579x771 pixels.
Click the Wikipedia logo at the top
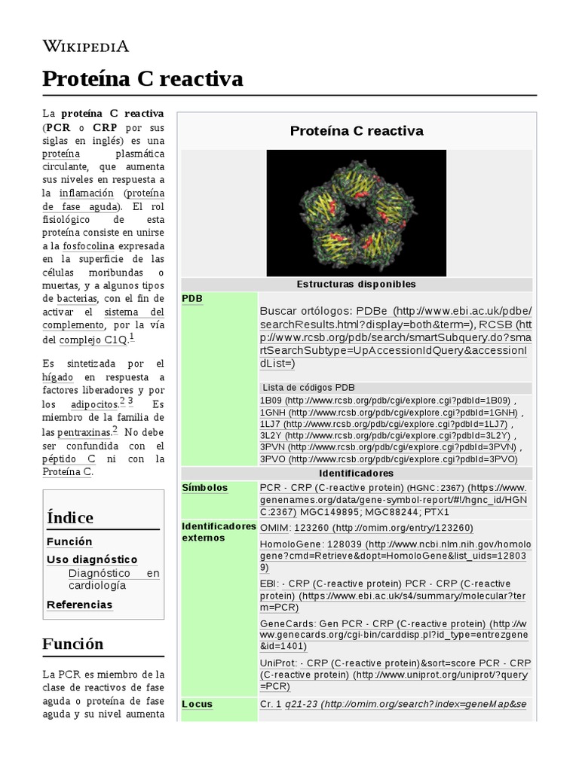85,46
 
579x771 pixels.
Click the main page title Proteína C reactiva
142,78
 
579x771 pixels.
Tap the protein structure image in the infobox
356,213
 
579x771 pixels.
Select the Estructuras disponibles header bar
356,284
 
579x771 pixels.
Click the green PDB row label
192,299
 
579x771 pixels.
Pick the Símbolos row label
205,488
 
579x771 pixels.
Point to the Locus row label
198,705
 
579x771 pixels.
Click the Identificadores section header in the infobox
356,474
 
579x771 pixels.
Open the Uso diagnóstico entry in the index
92,559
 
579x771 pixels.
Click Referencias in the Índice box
79,605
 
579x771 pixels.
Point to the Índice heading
70,517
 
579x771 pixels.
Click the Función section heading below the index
73,644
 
